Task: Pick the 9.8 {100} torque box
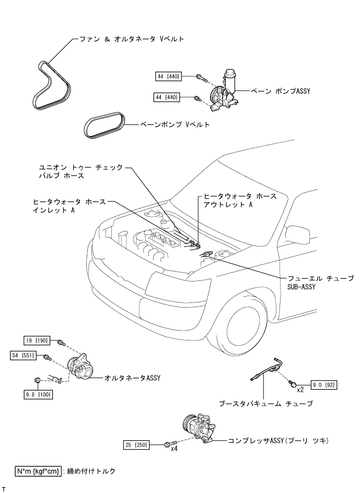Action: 38,395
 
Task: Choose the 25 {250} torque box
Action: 136,445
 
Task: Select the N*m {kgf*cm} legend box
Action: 39,471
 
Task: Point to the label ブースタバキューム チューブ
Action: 266,403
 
